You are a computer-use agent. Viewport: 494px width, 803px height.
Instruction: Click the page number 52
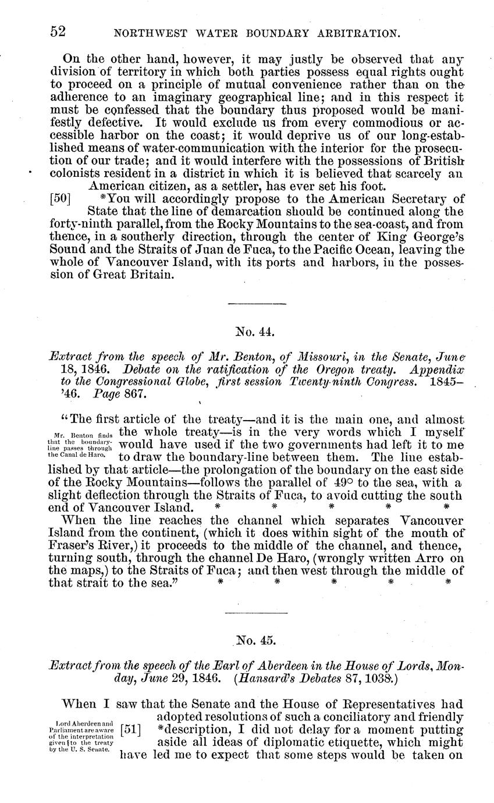click(x=57, y=33)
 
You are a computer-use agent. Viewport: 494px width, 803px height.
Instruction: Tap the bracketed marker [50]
click(x=61, y=197)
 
